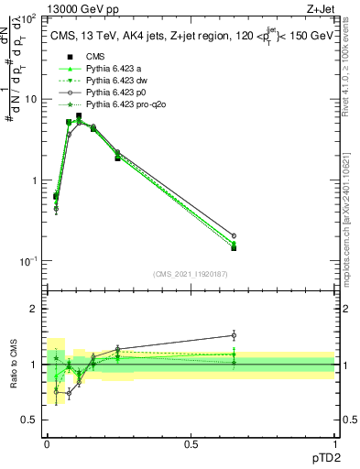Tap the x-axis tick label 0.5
click(191, 442)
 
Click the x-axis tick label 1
click(334, 442)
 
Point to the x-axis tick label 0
click(47, 442)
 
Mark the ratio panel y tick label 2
click(33, 309)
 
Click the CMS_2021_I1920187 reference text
click(191, 273)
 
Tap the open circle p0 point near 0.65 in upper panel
click(234, 235)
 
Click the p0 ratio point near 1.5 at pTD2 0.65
click(234, 335)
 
